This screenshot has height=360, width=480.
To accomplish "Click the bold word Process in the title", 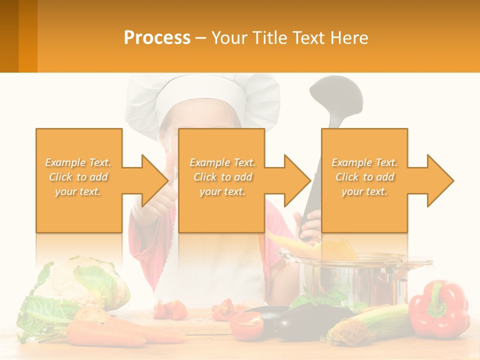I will [x=157, y=38].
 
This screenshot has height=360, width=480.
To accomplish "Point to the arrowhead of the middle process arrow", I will [x=297, y=180].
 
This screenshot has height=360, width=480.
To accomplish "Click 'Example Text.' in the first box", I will [x=78, y=162].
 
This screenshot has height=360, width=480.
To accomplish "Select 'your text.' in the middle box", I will [x=222, y=191].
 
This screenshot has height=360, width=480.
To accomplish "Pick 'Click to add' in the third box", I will [x=365, y=177].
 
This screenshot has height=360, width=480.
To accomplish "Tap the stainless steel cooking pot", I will [x=350, y=280].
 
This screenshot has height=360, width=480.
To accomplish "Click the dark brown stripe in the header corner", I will [x=9, y=36].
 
